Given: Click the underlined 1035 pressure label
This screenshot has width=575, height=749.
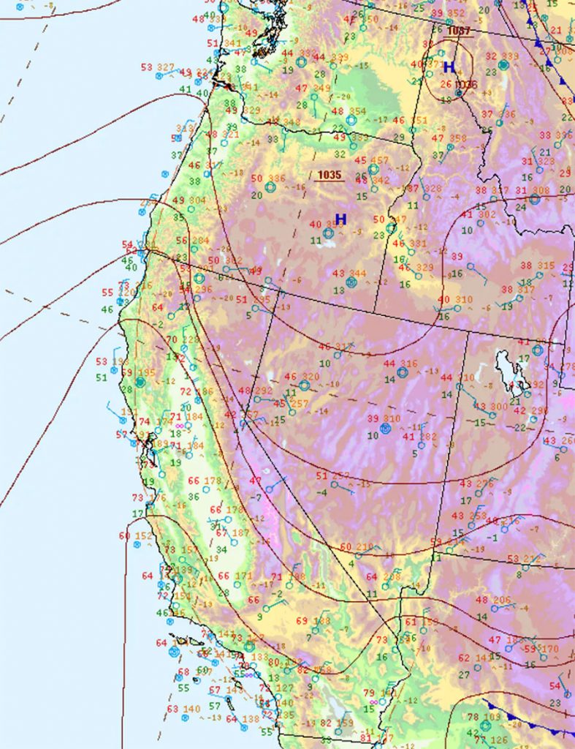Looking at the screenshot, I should tap(330, 175).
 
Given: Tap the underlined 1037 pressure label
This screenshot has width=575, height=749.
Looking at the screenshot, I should tap(460, 31).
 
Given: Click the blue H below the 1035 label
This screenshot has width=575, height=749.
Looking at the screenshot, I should tap(340, 219).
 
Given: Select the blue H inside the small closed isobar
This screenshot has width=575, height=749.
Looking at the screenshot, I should tap(449, 67).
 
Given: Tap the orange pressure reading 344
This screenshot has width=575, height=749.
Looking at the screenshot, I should tap(357, 274).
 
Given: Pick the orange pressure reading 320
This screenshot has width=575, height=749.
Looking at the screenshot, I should tap(311, 377).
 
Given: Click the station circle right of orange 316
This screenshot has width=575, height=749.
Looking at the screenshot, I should tap(402, 372).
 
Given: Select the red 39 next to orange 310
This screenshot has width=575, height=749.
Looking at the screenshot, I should tap(373, 418).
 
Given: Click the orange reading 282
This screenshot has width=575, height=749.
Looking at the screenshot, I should tap(429, 437).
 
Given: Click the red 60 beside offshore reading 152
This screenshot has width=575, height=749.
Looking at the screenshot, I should tap(125, 536).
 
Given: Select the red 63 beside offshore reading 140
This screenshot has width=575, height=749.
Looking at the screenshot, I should tap(172, 709).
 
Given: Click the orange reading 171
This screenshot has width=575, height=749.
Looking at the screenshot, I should tap(243, 576).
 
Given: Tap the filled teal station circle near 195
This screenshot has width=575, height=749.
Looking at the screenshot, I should tap(140, 383).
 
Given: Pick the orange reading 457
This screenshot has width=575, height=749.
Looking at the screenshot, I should tap(380, 160).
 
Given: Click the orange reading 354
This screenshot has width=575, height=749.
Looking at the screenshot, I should tap(357, 111).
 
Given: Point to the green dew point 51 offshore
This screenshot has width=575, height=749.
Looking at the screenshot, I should tap(101, 377).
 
